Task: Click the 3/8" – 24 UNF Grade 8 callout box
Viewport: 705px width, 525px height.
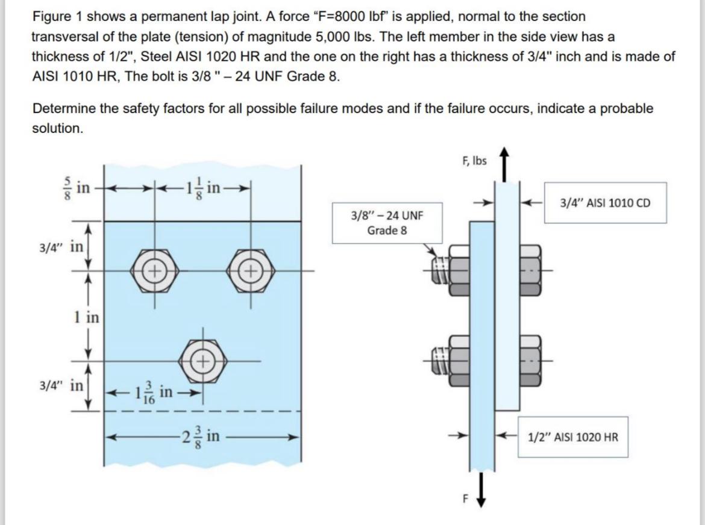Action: (x=383, y=223)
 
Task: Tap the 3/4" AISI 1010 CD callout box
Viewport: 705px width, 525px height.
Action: (x=605, y=202)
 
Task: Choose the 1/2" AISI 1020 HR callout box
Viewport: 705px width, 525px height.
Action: (x=572, y=436)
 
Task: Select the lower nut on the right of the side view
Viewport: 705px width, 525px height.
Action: (x=531, y=360)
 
